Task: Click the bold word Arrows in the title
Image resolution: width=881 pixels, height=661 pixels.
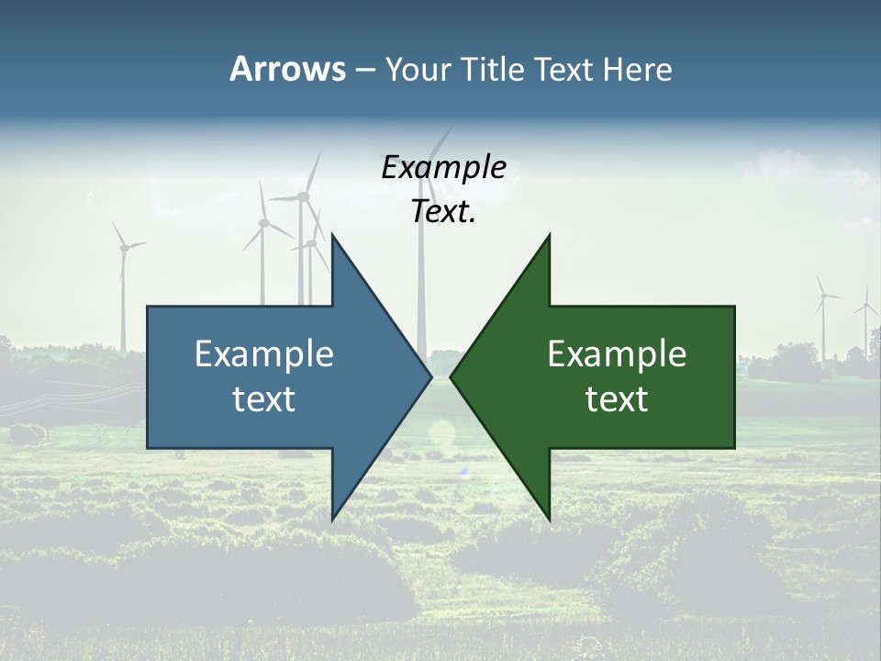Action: pos(287,69)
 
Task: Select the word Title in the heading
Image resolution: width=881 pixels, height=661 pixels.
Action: pos(493,69)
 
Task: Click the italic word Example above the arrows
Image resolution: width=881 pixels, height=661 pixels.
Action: pos(443,167)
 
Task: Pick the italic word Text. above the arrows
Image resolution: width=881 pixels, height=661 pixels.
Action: pos(443,211)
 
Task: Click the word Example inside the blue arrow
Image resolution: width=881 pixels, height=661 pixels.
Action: pos(263,353)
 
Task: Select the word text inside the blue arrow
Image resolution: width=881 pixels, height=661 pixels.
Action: pos(263,399)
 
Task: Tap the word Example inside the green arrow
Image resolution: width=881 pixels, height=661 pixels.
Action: pos(617,353)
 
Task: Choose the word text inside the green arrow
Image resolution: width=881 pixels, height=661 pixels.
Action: pos(617,399)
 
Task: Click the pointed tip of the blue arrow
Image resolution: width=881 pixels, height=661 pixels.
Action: pos(430,376)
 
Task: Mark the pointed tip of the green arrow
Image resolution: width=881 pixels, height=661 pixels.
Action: pos(451,376)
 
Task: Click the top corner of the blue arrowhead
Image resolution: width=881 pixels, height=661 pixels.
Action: pos(333,235)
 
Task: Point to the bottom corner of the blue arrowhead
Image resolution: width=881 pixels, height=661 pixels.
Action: pos(333,519)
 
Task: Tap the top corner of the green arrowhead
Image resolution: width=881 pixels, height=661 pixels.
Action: pos(549,235)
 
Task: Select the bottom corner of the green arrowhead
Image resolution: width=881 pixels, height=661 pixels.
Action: pos(549,519)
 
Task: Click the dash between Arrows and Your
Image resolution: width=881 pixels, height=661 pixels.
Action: pos(364,70)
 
